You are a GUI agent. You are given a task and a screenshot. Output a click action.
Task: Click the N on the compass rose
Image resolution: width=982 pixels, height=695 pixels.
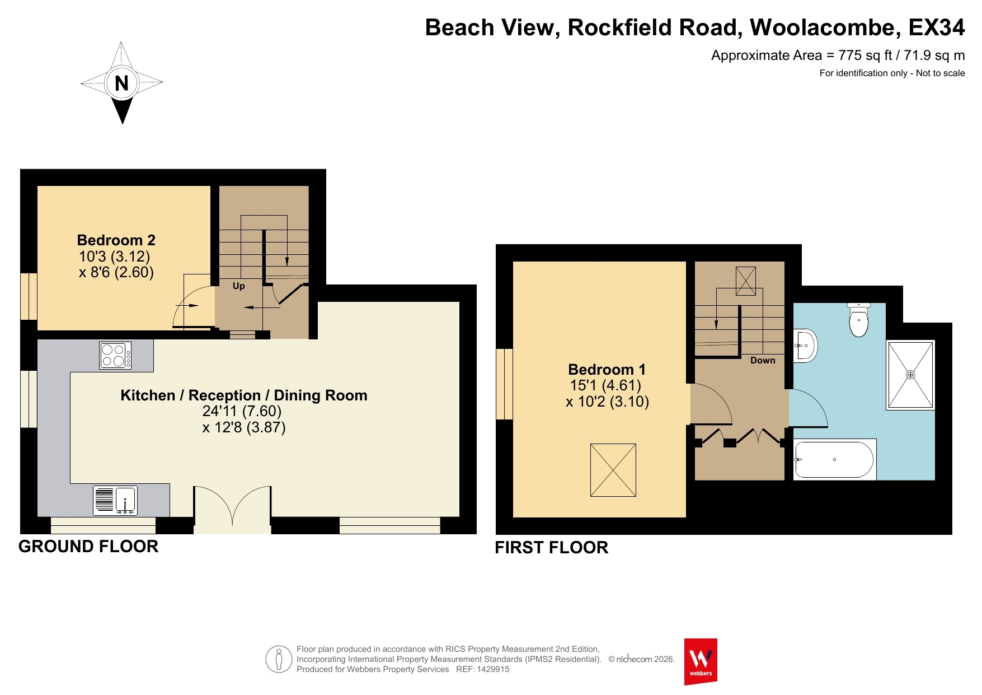pyautogui.click(x=121, y=83)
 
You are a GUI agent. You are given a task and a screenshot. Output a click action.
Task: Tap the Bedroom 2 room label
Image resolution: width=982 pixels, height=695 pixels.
pyautogui.click(x=116, y=240)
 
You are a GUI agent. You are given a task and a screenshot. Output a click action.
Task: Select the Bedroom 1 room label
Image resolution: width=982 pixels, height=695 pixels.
pyautogui.click(x=607, y=370)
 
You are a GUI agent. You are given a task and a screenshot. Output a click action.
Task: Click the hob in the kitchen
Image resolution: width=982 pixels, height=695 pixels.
pyautogui.click(x=115, y=355)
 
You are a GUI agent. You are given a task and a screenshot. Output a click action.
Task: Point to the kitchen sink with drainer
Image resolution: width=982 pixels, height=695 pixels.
pyautogui.click(x=115, y=500)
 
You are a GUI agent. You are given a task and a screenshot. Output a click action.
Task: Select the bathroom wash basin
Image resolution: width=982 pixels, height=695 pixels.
pyautogui.click(x=805, y=346)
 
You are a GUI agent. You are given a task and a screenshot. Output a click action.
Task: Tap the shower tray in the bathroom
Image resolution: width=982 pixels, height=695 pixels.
pyautogui.click(x=910, y=375)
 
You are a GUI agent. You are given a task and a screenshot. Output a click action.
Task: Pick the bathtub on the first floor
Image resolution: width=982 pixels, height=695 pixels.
pyautogui.click(x=834, y=460)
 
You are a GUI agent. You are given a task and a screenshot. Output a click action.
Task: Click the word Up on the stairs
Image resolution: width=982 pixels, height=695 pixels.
pyautogui.click(x=238, y=286)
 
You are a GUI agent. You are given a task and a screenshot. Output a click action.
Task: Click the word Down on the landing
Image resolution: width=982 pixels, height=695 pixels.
pyautogui.click(x=763, y=361)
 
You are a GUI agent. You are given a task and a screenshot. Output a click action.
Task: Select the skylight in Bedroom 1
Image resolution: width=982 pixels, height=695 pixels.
pyautogui.click(x=613, y=470)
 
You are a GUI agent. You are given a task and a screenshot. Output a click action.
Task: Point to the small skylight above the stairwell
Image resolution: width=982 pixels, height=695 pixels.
pyautogui.click(x=746, y=281)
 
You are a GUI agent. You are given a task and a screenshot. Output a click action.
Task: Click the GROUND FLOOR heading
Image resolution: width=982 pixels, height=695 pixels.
pyautogui.click(x=88, y=547)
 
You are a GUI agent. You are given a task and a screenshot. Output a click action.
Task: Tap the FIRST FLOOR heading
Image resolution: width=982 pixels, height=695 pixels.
pyautogui.click(x=552, y=548)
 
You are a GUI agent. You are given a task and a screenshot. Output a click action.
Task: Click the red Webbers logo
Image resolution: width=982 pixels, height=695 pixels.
pyautogui.click(x=701, y=661)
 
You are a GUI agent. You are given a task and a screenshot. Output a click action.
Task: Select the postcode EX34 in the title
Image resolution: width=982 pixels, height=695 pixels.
pyautogui.click(x=937, y=27)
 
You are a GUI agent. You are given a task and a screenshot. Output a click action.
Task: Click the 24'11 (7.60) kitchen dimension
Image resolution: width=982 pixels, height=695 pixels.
pyautogui.click(x=242, y=411)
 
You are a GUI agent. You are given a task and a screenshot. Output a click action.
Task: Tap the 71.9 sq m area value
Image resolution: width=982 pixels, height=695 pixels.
pyautogui.click(x=934, y=55)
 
